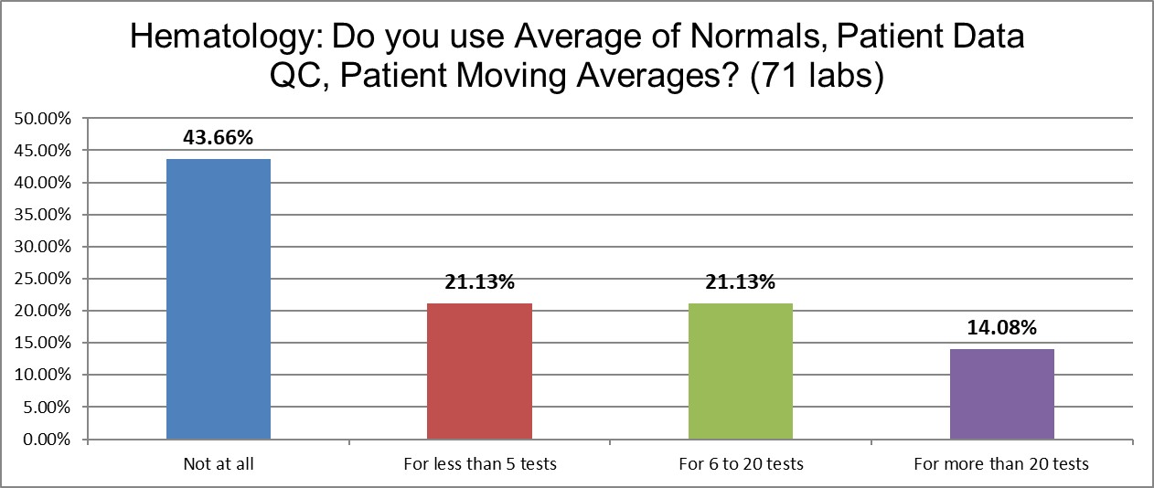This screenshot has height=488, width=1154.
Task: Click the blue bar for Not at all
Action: (219, 300)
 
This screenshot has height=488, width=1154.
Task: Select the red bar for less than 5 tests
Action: (479, 372)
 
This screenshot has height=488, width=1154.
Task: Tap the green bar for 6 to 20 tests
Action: (741, 372)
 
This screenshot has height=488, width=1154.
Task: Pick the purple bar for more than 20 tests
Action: (1001, 394)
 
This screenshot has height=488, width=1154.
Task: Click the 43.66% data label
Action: (219, 138)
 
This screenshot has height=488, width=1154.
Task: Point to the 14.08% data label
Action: (1001, 328)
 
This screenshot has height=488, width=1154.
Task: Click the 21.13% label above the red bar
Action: (479, 282)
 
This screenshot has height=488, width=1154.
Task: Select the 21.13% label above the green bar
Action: (741, 282)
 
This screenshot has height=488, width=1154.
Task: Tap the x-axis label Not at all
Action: (219, 464)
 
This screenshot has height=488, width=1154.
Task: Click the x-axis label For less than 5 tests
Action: (479, 464)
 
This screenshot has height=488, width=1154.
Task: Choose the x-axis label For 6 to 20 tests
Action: (741, 464)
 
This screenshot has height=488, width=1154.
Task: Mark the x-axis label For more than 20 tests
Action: (1001, 464)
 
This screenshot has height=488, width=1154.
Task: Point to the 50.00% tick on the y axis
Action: (43, 119)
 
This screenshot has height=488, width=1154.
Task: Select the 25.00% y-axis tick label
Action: (43, 279)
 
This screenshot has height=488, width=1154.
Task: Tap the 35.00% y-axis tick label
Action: (43, 215)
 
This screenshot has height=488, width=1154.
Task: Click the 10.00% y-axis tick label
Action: (43, 376)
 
